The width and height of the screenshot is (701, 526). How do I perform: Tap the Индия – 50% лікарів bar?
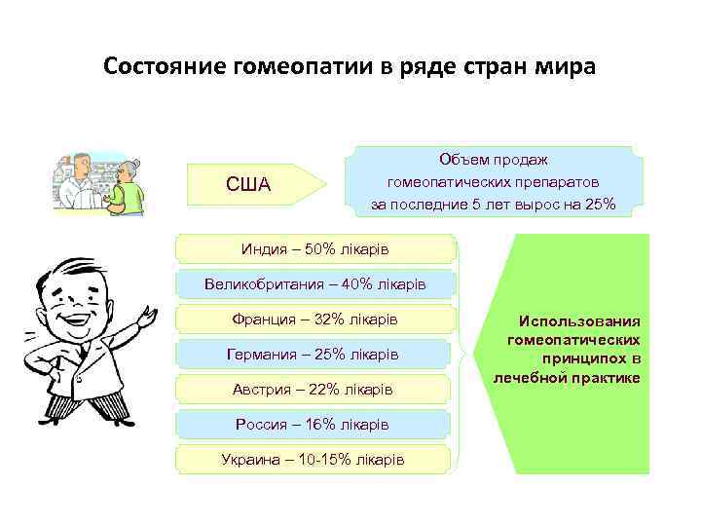(314, 250)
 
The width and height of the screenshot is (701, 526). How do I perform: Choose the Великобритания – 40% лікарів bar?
(314, 284)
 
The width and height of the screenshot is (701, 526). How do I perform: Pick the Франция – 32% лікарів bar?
(314, 319)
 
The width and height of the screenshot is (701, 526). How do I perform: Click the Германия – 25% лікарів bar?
(314, 355)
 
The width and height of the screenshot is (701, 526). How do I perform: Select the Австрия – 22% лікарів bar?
(314, 390)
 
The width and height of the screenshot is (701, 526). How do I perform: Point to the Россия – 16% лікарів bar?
(314, 425)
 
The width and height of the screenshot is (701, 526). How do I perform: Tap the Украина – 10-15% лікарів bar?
(314, 459)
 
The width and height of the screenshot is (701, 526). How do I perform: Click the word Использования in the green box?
(579, 320)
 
